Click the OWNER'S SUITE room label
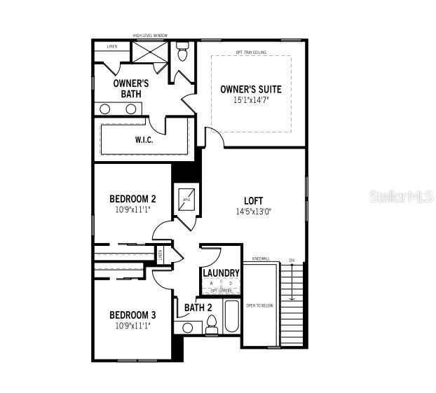(x=251, y=89)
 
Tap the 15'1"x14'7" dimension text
(x=251, y=100)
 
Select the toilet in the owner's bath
(x=183, y=52)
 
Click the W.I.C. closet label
(x=144, y=139)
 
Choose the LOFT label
(x=254, y=200)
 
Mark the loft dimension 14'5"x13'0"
(x=254, y=211)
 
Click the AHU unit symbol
(x=187, y=200)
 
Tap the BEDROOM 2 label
(x=132, y=198)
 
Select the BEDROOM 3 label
(x=132, y=315)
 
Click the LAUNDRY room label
(x=222, y=273)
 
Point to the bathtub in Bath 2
(x=231, y=316)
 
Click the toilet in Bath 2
(x=212, y=324)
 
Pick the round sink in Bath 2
(x=187, y=327)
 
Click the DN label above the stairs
(x=292, y=261)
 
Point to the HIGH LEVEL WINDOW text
(x=150, y=36)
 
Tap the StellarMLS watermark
(x=402, y=197)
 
